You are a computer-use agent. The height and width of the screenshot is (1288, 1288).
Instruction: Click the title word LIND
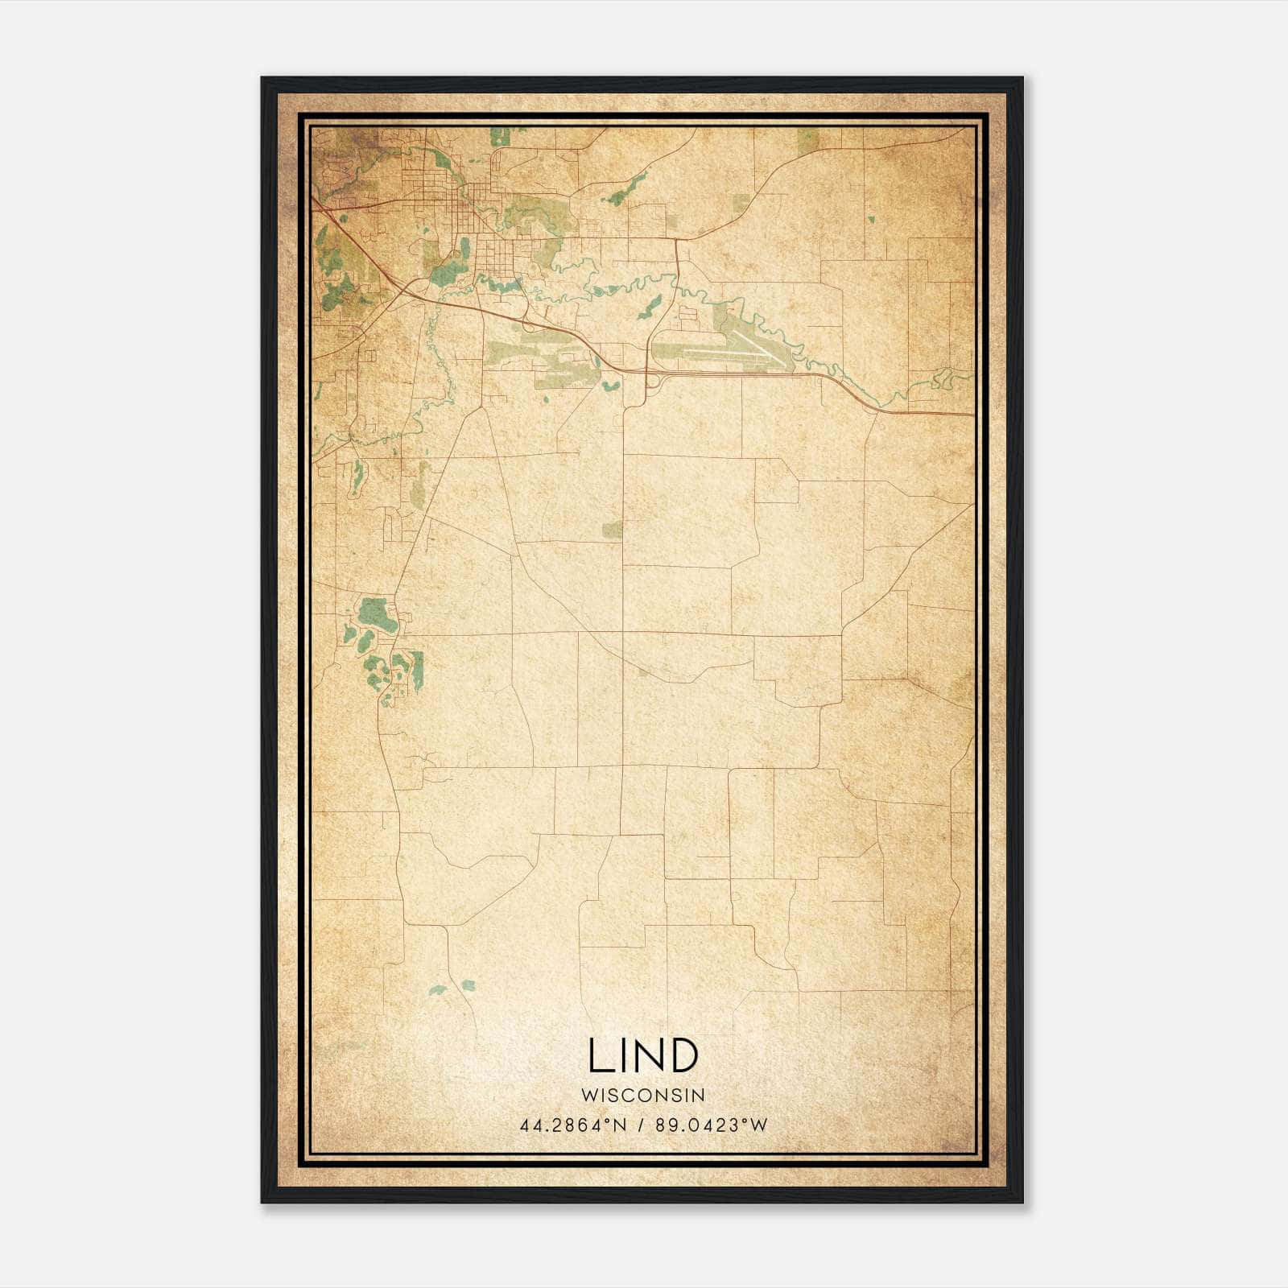tap(642, 1055)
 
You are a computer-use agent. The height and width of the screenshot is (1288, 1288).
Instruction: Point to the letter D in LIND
tap(683, 1055)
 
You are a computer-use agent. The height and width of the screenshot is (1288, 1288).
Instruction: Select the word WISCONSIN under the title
tap(642, 1095)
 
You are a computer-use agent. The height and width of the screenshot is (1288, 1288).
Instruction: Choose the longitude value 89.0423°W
tap(712, 1125)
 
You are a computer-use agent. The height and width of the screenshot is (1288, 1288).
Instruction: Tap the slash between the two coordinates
tap(642, 1125)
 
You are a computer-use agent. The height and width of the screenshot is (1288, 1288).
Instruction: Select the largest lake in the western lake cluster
tap(377, 616)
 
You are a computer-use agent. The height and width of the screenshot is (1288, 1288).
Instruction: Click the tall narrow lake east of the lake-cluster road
tap(418, 671)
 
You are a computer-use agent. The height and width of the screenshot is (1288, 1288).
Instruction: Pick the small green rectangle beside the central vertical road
tap(613, 529)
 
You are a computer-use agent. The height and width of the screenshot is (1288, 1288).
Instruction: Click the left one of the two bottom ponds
tap(439, 990)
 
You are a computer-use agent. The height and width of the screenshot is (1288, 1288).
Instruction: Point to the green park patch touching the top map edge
tap(807, 138)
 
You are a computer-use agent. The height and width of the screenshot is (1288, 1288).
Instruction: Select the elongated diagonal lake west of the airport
tap(650, 307)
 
